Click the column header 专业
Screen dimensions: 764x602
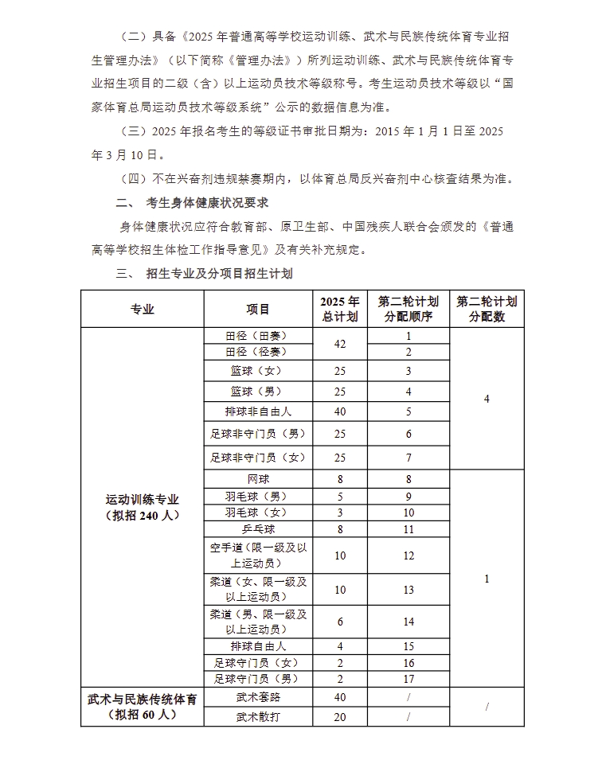point(142,310)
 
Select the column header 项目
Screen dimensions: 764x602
point(257,310)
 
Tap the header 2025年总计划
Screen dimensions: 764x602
point(340,310)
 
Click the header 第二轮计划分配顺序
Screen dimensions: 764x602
point(408,310)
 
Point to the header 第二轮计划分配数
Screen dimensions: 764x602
point(487,310)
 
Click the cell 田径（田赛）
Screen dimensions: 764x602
point(257,336)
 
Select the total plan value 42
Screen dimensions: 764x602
point(340,344)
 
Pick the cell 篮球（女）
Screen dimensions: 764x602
point(257,371)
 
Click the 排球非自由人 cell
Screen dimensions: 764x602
point(257,411)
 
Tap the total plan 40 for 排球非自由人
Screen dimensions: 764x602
point(340,411)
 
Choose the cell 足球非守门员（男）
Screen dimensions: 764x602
point(257,435)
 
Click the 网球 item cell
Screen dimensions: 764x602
point(257,479)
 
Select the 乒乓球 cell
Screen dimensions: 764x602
point(257,528)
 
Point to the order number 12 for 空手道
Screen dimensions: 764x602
point(408,555)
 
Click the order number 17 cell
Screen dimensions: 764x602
point(408,679)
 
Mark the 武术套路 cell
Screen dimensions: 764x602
point(257,697)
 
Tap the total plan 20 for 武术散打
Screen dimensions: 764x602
point(340,717)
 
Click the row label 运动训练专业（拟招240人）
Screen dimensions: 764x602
point(142,507)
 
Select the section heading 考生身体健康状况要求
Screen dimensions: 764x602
point(206,202)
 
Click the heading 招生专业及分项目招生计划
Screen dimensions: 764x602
point(219,274)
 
